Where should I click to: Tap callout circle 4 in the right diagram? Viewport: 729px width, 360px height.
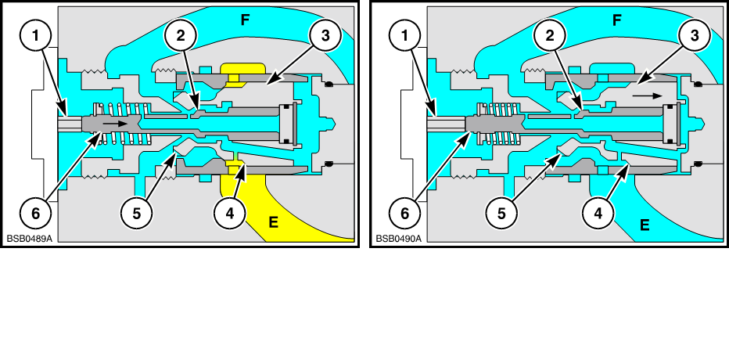[599, 212]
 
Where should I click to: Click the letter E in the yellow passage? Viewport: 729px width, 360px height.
[275, 223]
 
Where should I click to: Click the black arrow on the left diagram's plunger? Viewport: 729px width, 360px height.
[113, 123]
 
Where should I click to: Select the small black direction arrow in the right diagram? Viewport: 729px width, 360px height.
[648, 93]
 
